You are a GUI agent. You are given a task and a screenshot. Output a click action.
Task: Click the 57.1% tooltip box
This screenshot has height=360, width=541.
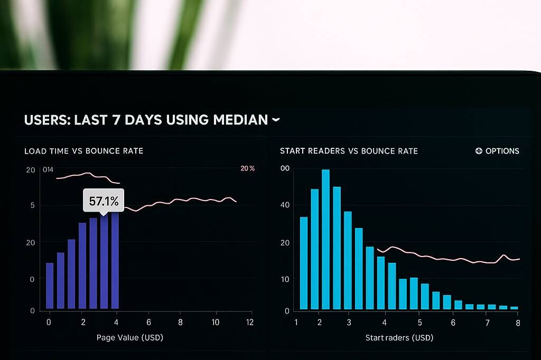(x=104, y=201)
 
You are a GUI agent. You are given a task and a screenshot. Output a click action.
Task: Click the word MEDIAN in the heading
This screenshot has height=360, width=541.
(x=240, y=120)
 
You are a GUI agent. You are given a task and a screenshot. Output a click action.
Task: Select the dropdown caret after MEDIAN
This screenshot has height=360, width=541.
(x=275, y=120)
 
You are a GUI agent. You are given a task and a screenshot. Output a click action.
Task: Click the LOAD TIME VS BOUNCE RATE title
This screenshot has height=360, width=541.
(x=83, y=151)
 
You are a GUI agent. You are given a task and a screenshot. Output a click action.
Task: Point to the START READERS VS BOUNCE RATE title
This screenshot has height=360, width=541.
(x=349, y=151)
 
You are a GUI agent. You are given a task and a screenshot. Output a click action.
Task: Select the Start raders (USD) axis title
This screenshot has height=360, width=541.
(x=399, y=337)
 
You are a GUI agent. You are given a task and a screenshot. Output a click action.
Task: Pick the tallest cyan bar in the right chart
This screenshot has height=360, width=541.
(x=325, y=239)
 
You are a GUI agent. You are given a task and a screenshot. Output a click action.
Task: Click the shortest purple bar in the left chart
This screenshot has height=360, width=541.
(x=50, y=286)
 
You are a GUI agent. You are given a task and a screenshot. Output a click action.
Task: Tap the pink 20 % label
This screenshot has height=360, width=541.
(x=247, y=168)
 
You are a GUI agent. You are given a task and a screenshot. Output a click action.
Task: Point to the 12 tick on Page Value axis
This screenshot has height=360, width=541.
(x=249, y=322)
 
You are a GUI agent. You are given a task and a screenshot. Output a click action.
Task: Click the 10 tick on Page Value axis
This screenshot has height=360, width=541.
(x=216, y=322)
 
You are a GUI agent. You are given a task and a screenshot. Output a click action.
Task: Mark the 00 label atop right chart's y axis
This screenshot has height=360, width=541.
(x=285, y=168)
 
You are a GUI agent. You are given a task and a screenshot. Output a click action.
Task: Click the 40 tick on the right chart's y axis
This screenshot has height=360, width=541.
(x=285, y=205)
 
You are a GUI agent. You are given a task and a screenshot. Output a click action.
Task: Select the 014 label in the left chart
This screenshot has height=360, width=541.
(x=48, y=169)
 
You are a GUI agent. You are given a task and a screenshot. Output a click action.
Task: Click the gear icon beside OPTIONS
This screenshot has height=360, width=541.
(x=479, y=151)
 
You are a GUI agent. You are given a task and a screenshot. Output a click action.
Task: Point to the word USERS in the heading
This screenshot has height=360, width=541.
(x=46, y=120)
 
